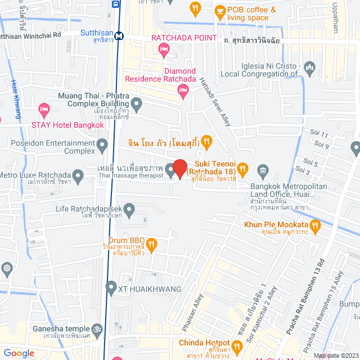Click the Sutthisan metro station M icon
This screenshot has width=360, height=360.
click(119, 37)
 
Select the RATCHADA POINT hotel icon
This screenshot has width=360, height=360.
click(164, 51)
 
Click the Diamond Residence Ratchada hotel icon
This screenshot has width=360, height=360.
click(182, 90)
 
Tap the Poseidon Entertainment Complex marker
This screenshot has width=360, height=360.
click(102, 147)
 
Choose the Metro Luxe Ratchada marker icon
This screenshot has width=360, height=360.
click(78, 177)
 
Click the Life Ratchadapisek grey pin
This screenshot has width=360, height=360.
click(129, 210)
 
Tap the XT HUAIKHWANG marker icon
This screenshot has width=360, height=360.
click(111, 289)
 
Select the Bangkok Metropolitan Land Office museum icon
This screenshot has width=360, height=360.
click(262, 170)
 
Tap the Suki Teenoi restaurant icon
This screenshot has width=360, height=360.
click(242, 168)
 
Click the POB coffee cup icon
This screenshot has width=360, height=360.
click(219, 10)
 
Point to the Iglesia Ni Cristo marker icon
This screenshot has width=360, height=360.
click(309, 70)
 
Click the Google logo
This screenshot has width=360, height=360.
click(19, 353)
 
